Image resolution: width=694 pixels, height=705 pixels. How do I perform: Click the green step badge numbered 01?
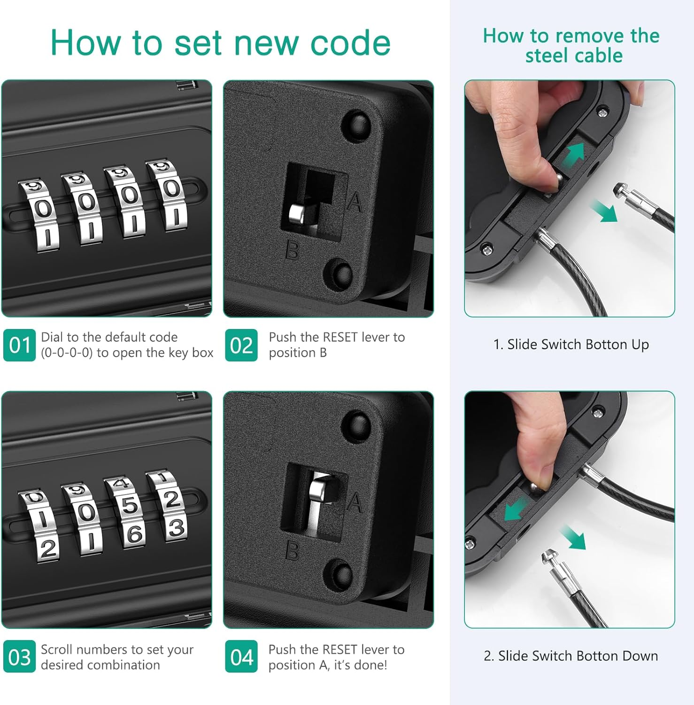pyautogui.click(x=19, y=345)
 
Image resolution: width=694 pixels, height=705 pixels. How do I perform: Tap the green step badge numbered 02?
pyautogui.click(x=241, y=345)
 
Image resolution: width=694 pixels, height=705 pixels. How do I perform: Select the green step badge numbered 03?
pyautogui.click(x=19, y=657)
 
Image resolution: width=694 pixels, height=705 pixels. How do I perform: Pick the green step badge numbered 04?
pyautogui.click(x=241, y=657)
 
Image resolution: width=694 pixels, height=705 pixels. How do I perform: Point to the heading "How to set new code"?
pyautogui.click(x=220, y=43)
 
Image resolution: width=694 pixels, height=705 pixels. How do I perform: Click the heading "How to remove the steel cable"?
pyautogui.click(x=571, y=46)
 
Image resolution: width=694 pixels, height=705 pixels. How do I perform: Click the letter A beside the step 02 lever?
pyautogui.click(x=355, y=203)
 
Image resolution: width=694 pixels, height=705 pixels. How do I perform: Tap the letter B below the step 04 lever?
pyautogui.click(x=292, y=550)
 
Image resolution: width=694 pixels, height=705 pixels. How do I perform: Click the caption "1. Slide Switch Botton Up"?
pyautogui.click(x=571, y=345)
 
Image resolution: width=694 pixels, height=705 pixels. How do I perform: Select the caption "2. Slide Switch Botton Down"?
pyautogui.click(x=571, y=656)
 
